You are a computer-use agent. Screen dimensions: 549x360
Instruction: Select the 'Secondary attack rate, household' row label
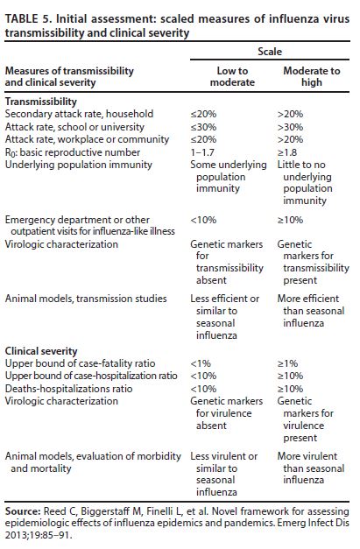tap(79, 114)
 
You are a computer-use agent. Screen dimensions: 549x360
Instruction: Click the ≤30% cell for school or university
tap(203, 126)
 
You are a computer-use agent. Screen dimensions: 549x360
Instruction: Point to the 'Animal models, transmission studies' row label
tap(85, 299)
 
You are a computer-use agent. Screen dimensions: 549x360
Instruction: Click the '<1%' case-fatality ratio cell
tap(201, 363)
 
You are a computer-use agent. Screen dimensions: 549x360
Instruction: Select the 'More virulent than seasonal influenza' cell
tap(307, 468)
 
